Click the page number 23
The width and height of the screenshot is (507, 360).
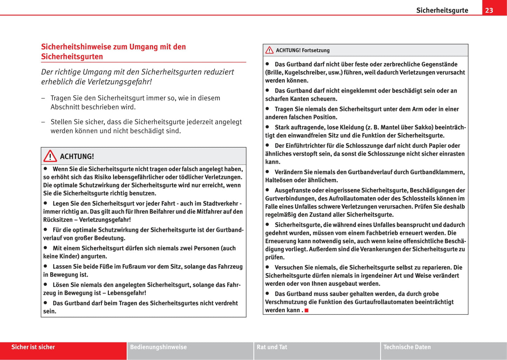[489, 10]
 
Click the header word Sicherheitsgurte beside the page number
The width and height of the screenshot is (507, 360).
[442, 10]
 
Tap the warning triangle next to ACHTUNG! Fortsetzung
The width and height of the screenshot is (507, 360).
[269, 50]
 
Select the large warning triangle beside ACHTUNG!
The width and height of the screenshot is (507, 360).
[50, 156]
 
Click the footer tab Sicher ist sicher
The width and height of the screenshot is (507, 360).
[33, 347]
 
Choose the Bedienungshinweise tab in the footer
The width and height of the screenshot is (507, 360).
[158, 347]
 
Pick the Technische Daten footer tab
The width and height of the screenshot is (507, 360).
[407, 347]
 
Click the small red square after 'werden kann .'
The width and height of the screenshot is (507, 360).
[306, 310]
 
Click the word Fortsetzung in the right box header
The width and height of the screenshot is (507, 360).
[316, 50]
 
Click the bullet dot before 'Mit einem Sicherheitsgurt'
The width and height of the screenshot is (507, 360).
[45, 248]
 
